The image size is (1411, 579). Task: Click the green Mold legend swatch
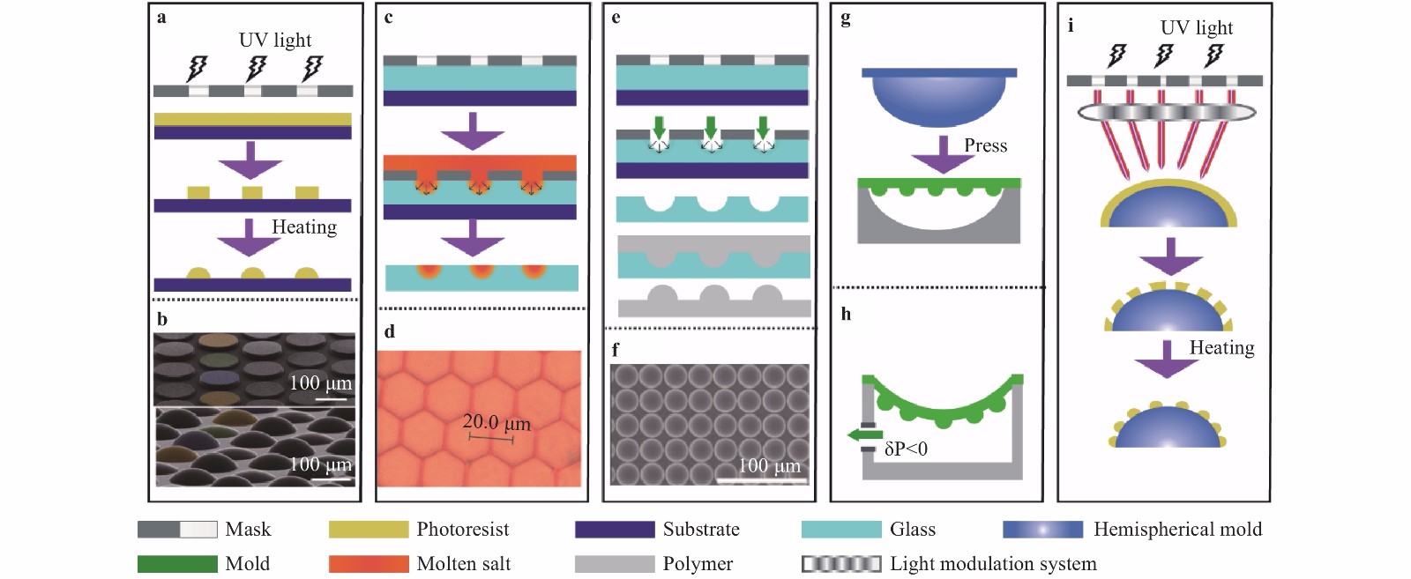point(177,563)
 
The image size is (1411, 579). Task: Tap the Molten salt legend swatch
point(369,563)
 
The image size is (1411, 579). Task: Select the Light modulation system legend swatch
point(841,563)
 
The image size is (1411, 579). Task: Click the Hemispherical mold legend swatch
point(1043,530)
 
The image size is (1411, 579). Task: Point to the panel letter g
point(846,19)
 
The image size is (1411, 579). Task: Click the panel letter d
point(390,331)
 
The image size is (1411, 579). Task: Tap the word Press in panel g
point(986,145)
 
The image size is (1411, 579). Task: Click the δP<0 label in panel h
point(906,449)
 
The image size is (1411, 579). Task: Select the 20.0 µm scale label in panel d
point(496,422)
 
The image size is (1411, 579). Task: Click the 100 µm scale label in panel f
point(769,465)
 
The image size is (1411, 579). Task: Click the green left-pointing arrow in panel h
point(864,434)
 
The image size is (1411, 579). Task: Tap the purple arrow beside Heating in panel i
point(1168,360)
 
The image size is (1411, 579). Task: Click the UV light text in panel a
point(275,41)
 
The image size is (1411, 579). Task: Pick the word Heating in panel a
point(304,226)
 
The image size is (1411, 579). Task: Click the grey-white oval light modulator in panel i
point(1167,113)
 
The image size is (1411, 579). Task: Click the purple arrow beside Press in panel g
point(943,155)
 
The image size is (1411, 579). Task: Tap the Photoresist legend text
point(463,530)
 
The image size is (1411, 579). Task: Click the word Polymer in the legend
point(698,563)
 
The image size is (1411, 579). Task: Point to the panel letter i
point(1071,26)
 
